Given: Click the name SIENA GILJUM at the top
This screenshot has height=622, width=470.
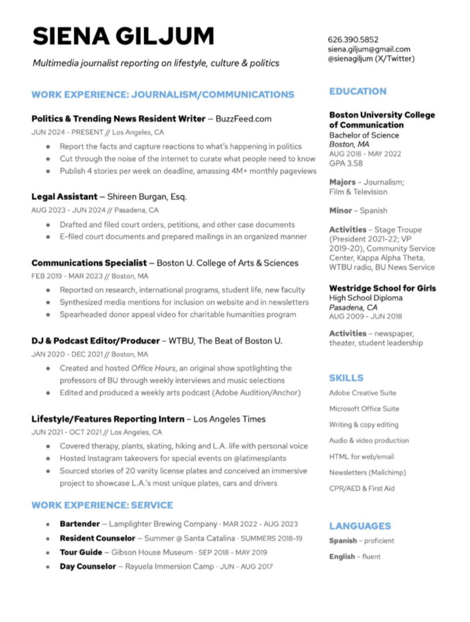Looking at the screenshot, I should [123, 36].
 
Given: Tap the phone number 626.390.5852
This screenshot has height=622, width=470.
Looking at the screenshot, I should [353, 40].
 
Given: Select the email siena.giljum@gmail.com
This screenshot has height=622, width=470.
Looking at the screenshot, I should [369, 49].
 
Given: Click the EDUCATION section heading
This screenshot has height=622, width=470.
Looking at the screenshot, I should [358, 91].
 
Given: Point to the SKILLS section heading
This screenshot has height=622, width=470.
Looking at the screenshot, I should [346, 378].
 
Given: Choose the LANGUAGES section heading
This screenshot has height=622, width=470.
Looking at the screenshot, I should [360, 526].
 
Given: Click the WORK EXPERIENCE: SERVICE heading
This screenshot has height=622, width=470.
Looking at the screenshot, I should [102, 505].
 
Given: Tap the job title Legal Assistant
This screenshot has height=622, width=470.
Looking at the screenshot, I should [64, 196].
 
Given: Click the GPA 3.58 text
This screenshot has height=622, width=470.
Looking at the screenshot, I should [345, 163].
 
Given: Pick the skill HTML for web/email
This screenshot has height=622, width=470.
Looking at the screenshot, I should [361, 456].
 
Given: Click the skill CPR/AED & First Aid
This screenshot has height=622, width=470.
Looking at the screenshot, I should [362, 488].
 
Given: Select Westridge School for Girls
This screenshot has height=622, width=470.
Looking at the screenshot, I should [382, 288].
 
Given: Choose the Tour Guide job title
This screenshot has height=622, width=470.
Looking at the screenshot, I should [81, 552].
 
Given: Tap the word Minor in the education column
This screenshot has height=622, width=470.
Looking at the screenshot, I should [340, 210].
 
